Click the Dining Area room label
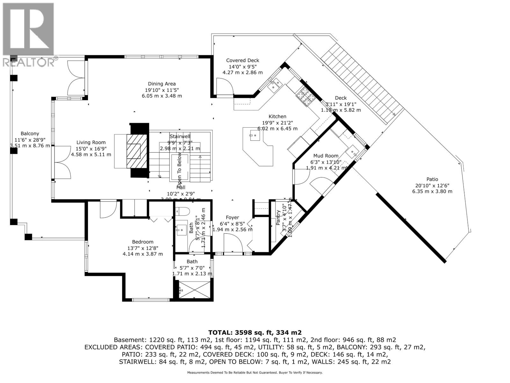[162, 84]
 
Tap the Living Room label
[91, 143]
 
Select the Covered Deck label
[243, 60]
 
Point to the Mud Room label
[325, 156]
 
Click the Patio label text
[432, 179]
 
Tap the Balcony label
[30, 134]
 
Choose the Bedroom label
[143, 242]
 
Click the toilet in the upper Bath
[183, 211]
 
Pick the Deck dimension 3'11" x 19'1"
[341, 104]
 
